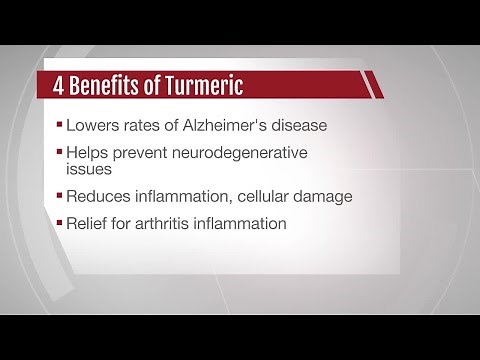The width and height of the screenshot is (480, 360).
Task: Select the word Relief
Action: coord(86,223)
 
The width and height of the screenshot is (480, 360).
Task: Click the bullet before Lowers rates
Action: coord(58,127)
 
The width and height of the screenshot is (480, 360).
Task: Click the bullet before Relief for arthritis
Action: coord(58,224)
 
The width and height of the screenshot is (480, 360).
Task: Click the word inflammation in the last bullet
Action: coord(241,223)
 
